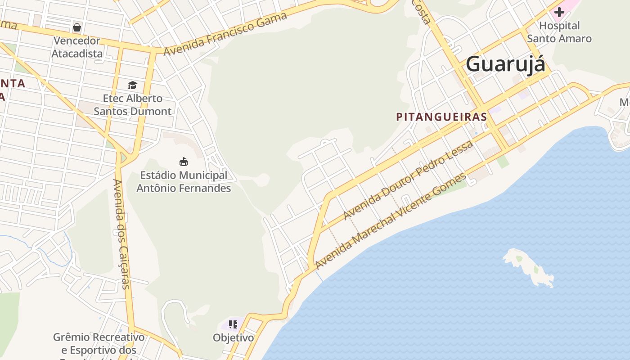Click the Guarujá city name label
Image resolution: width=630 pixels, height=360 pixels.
pyautogui.click(x=505, y=64)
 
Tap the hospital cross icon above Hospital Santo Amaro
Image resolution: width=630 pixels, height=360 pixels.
pyautogui.click(x=559, y=12)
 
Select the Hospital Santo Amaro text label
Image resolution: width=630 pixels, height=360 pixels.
pyautogui.click(x=559, y=32)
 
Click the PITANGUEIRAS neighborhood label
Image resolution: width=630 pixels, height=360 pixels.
pyautogui.click(x=441, y=117)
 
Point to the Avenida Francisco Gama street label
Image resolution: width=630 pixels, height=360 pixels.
pyautogui.click(x=225, y=34)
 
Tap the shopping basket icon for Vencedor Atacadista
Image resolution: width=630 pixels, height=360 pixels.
pyautogui.click(x=77, y=27)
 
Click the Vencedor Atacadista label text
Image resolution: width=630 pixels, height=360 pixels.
pyautogui.click(x=77, y=47)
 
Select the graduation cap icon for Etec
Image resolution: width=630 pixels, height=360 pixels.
pyautogui.click(x=132, y=85)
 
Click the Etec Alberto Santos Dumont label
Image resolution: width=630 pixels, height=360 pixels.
pyautogui.click(x=132, y=105)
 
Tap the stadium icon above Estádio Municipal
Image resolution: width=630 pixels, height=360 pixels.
pyautogui.click(x=184, y=162)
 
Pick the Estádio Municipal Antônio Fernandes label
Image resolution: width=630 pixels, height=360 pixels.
pyautogui.click(x=184, y=182)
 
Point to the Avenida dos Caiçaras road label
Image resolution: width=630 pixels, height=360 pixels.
pyautogui.click(x=121, y=234)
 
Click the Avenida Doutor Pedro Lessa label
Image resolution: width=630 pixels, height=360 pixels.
pyautogui.click(x=408, y=180)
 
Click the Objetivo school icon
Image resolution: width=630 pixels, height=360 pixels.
pyautogui.click(x=233, y=324)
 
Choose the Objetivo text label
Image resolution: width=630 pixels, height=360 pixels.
pyautogui.click(x=233, y=337)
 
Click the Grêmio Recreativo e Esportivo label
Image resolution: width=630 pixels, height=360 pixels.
pyautogui.click(x=99, y=343)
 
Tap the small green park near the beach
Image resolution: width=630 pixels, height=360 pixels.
pyautogui.click(x=503, y=162)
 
